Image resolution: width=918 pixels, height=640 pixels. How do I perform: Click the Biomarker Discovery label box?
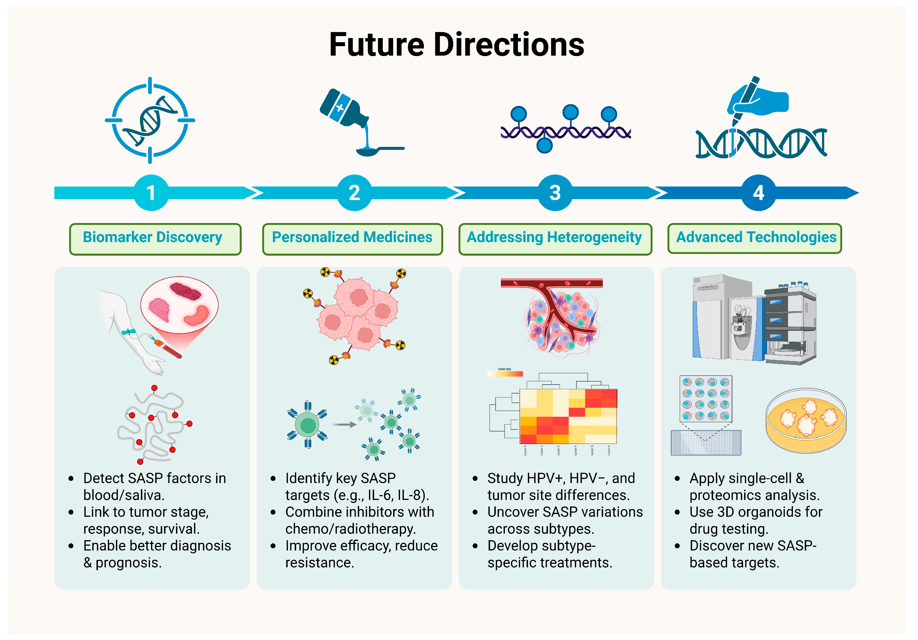[x=155, y=239]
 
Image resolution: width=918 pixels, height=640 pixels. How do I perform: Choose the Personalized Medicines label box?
[x=352, y=239]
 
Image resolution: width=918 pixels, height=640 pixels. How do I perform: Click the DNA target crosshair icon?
[x=150, y=120]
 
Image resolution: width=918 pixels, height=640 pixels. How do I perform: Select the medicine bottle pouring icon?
[x=352, y=120]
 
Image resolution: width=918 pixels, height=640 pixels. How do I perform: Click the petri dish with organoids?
[x=806, y=420]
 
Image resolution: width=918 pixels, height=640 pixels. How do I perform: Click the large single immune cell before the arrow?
[x=307, y=425]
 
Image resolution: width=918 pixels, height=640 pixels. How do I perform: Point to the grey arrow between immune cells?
[x=344, y=425]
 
